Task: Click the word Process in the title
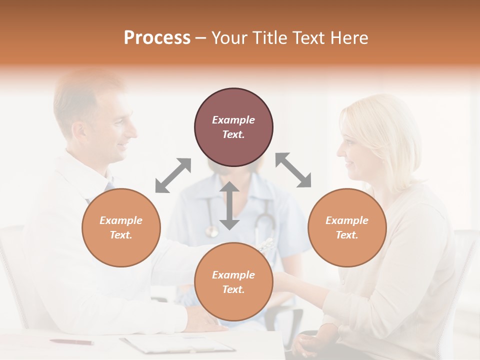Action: coord(157,38)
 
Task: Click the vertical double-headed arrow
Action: coord(229,205)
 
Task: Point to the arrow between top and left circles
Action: coord(173,175)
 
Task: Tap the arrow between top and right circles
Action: coord(293,170)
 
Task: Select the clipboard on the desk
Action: coord(177,344)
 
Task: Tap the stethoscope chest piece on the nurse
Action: coord(212,231)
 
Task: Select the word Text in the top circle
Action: coord(233,134)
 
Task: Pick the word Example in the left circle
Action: coord(121,220)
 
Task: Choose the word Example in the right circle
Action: coord(347,220)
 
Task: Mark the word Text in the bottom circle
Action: coord(233,289)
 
